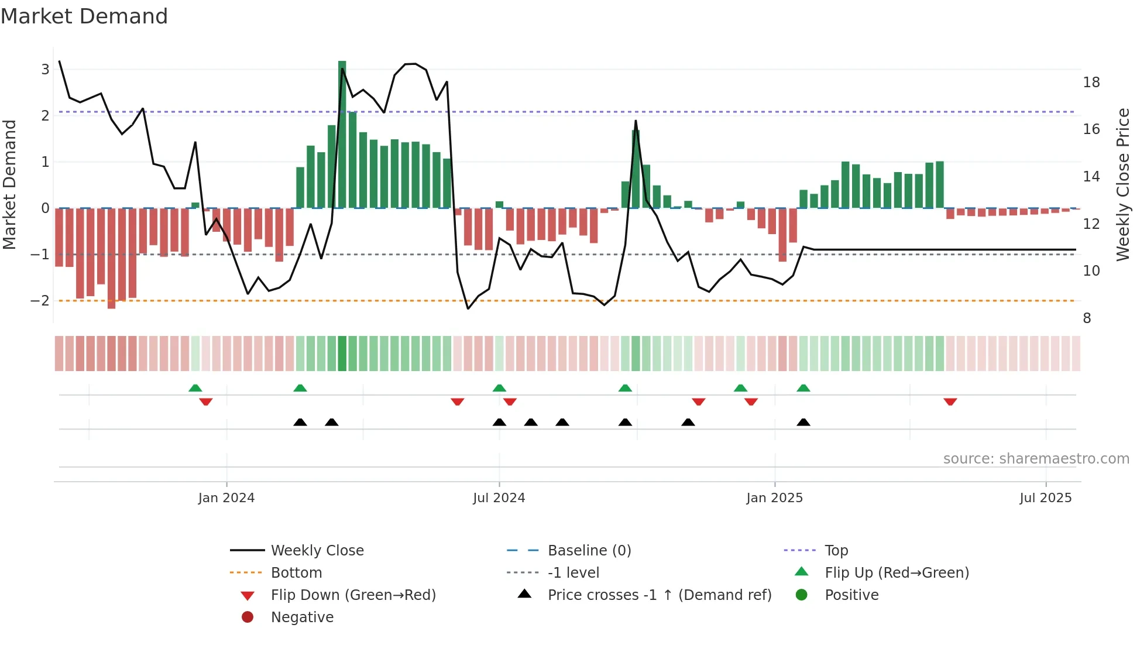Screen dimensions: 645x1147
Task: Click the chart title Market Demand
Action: [84, 16]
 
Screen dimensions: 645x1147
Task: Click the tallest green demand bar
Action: [342, 135]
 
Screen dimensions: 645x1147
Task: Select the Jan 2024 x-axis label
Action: [226, 498]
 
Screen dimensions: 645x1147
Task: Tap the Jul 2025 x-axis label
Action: [1045, 498]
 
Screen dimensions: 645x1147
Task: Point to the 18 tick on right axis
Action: [1091, 83]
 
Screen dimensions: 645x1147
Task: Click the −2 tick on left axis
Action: [40, 301]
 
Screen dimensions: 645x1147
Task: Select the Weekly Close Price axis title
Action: [1122, 184]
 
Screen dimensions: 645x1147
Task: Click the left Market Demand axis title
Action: [9, 184]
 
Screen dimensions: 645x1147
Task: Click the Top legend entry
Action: [836, 551]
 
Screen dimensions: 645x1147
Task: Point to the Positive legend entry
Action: [851, 595]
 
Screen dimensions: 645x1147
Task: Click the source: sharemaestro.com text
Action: [1036, 459]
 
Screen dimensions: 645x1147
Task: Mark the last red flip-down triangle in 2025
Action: [950, 402]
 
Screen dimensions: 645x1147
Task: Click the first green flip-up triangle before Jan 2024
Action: [195, 388]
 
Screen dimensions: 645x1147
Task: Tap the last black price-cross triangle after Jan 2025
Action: [803, 422]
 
